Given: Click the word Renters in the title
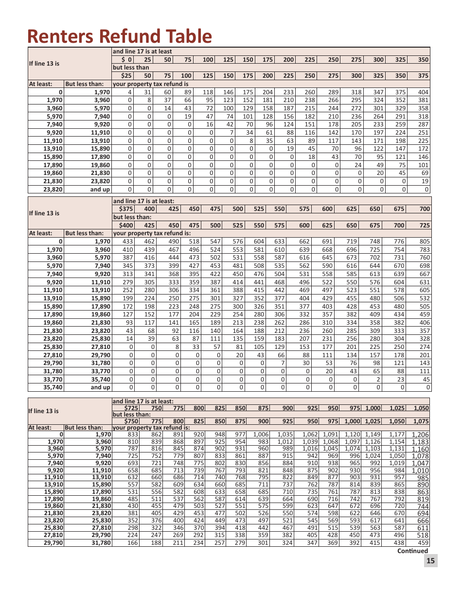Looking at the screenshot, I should (60, 36).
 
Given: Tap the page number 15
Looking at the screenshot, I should (430, 561).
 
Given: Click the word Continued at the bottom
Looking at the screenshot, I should (412, 551).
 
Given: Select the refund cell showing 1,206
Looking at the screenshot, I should (420, 435).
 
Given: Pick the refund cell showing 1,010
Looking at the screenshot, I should (420, 470).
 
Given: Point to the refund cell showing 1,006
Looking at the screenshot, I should (260, 435).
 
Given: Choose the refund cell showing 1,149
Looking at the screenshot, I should (373, 435).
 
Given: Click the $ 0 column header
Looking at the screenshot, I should (126, 60).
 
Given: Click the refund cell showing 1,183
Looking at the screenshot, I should (420, 442).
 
